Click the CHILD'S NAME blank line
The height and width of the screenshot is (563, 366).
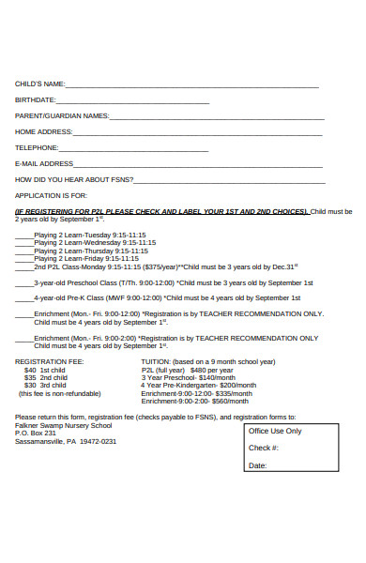[x=192, y=86]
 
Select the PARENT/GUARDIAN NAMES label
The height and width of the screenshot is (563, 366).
[x=62, y=116]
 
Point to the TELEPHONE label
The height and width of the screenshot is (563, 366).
[x=37, y=147]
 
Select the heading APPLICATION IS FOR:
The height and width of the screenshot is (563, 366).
[x=51, y=195]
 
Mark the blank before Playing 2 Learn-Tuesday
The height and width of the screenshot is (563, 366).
[x=24, y=234]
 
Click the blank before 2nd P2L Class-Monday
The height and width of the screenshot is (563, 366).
[x=24, y=266]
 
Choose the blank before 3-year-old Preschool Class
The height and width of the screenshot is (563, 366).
[x=24, y=282]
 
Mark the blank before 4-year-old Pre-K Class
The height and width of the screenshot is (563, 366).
[x=24, y=298]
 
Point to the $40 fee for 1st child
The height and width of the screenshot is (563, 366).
[x=31, y=370]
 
